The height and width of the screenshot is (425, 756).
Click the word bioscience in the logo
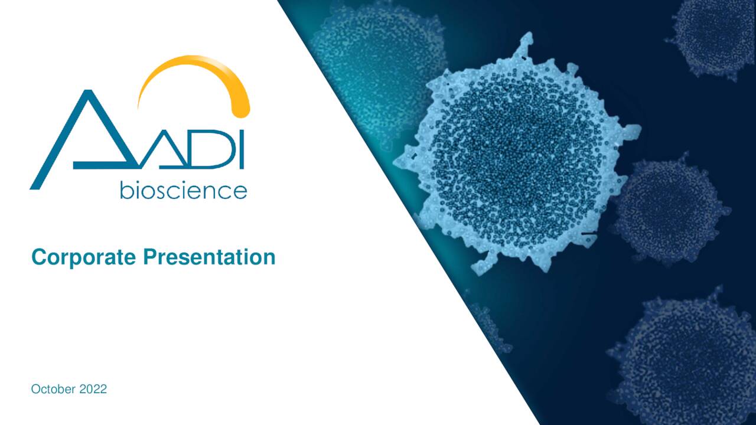(183, 190)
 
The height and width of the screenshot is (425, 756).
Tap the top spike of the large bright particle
(523, 44)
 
